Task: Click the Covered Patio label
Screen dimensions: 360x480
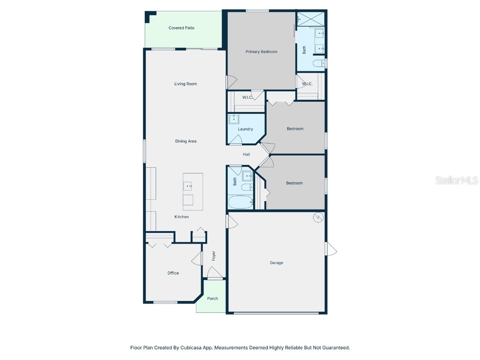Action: [181, 28]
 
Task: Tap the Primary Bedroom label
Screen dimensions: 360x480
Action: [261, 52]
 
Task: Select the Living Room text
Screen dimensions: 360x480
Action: [186, 84]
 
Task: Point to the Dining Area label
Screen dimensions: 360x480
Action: [186, 141]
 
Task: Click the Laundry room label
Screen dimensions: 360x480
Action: [245, 129]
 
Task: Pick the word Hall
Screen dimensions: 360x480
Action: [246, 154]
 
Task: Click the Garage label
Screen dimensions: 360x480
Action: [276, 263]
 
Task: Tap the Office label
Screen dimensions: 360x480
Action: [173, 273]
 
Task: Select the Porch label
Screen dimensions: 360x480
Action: [212, 299]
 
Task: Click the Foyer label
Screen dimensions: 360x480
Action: [214, 256]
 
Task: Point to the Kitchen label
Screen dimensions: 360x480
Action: [181, 217]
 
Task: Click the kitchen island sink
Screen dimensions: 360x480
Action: [189, 186]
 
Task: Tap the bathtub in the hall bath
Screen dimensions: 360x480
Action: [240, 202]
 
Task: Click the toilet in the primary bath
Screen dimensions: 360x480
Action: [319, 63]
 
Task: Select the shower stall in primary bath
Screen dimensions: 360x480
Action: [311, 18]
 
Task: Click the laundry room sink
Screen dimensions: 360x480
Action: [233, 119]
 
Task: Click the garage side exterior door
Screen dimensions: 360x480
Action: [331, 249]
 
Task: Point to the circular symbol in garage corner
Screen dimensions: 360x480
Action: [318, 217]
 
